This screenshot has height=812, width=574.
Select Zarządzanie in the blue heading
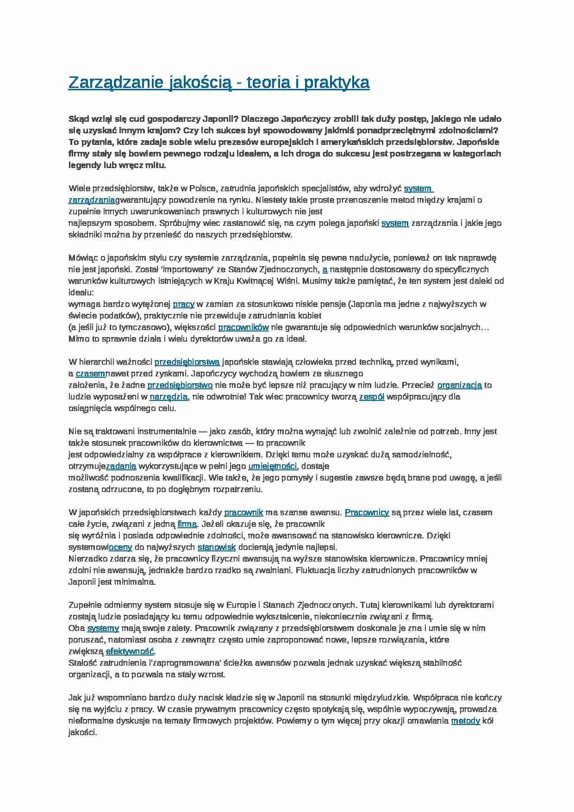(x=116, y=82)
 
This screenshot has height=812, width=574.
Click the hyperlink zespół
(x=372, y=397)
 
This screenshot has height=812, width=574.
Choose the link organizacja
(x=460, y=385)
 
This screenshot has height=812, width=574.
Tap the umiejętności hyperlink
(x=272, y=466)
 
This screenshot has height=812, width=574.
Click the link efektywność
(x=130, y=651)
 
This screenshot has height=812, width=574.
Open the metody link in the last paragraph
(x=465, y=721)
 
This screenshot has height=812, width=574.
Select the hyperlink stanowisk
(x=217, y=547)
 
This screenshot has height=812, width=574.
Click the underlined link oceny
(x=120, y=547)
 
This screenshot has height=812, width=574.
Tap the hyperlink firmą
(x=187, y=524)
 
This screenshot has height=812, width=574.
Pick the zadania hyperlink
(x=121, y=466)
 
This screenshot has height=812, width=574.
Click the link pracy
(x=183, y=304)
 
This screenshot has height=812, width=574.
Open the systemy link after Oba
(x=103, y=628)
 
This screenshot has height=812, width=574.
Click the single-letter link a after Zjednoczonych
(x=325, y=269)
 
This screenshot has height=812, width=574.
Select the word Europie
(x=241, y=605)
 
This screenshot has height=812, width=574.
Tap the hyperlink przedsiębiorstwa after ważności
(x=187, y=362)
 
